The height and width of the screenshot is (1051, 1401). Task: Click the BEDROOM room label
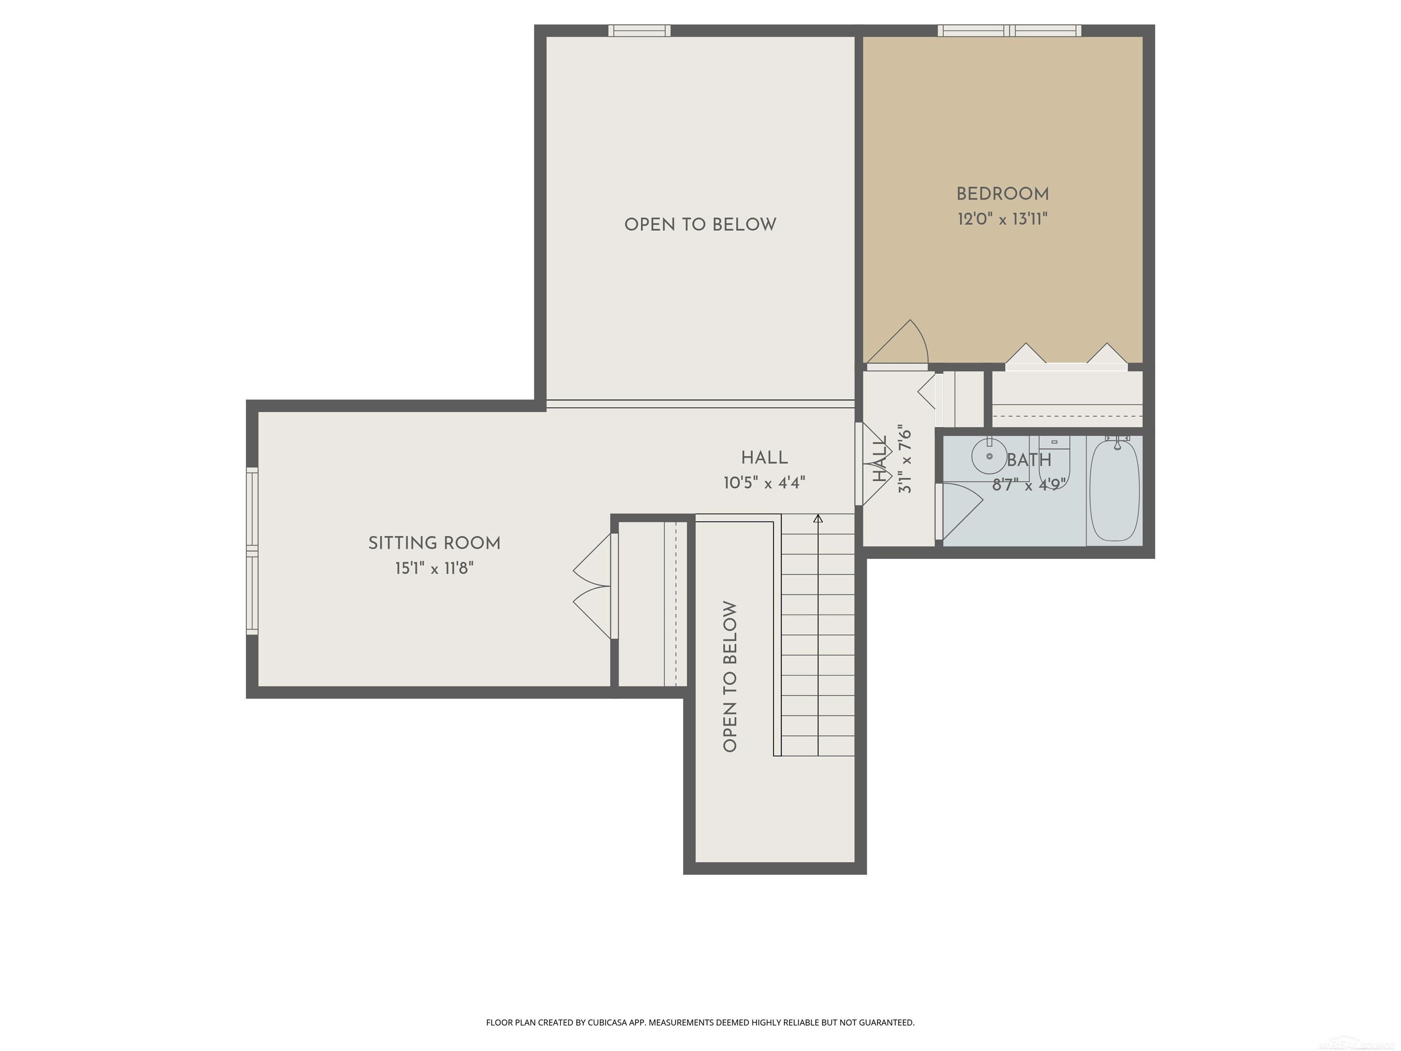(1002, 194)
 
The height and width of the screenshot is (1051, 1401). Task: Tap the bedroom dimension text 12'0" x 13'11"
(1002, 219)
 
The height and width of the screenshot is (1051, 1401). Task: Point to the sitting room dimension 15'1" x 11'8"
(435, 568)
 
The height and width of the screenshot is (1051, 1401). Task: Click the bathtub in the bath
(1114, 490)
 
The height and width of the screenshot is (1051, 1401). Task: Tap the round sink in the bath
(989, 456)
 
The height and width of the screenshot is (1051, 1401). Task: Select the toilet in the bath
(1054, 459)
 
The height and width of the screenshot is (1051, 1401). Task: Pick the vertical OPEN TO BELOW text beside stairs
(730, 676)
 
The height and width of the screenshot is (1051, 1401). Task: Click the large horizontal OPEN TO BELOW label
(700, 225)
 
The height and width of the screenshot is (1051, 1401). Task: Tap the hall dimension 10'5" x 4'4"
(764, 484)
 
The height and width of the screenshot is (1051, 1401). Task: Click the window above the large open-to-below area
(639, 31)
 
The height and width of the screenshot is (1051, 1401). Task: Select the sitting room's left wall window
(252, 551)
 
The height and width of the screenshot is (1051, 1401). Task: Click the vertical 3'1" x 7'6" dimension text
(905, 461)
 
